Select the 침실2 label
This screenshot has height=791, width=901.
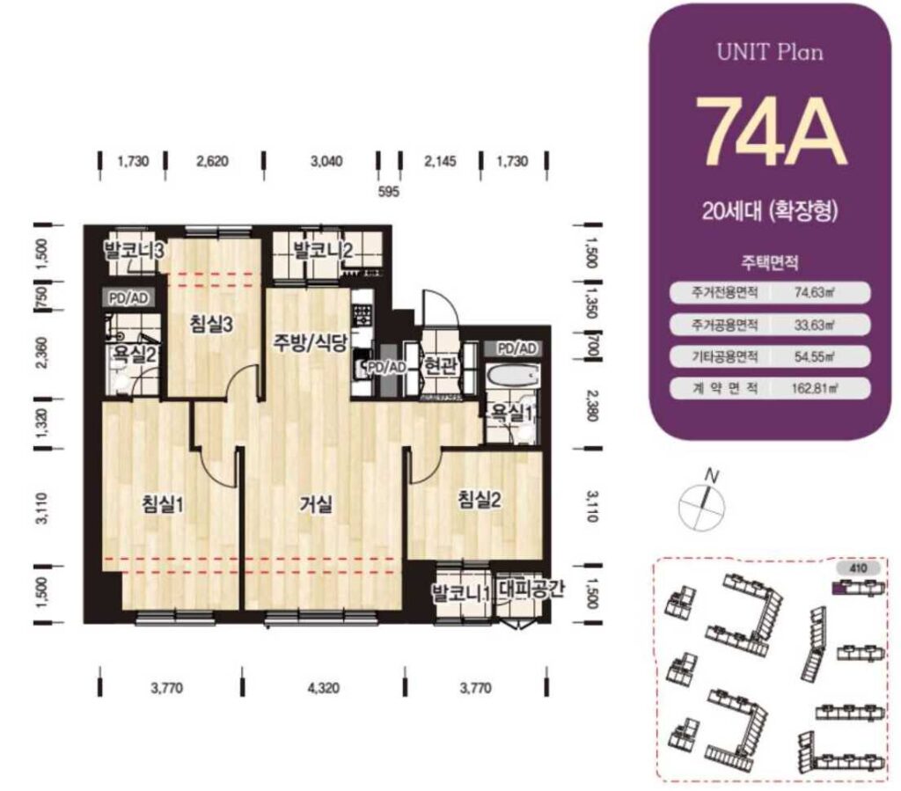pyautogui.click(x=480, y=499)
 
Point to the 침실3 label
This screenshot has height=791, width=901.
pyautogui.click(x=211, y=325)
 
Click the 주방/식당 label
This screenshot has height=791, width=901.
pyautogui.click(x=310, y=343)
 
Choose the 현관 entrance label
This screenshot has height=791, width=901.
pyautogui.click(x=440, y=365)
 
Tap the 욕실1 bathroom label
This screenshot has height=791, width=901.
pyautogui.click(x=511, y=412)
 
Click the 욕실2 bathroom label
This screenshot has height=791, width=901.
pyautogui.click(x=134, y=355)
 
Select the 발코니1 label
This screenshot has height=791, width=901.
pyautogui.click(x=461, y=592)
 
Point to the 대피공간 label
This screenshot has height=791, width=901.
pyautogui.click(x=531, y=589)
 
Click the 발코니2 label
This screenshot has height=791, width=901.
pyautogui.click(x=323, y=251)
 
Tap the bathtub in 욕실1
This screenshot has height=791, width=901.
pyautogui.click(x=512, y=377)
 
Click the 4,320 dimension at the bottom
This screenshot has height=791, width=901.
pyautogui.click(x=324, y=687)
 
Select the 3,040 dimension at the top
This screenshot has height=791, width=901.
pyautogui.click(x=326, y=161)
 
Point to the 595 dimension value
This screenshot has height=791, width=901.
pyautogui.click(x=388, y=191)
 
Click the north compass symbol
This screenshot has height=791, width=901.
pyautogui.click(x=702, y=503)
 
